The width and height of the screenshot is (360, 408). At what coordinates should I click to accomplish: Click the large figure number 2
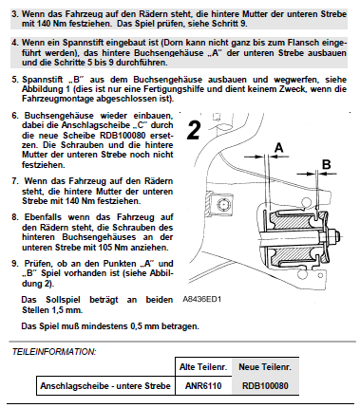coord(193,130)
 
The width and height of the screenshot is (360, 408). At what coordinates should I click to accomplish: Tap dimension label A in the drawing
coord(278,147)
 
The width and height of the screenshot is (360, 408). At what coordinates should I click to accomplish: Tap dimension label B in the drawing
coord(326,164)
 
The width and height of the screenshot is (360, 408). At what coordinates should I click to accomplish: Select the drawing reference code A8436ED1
coord(202,299)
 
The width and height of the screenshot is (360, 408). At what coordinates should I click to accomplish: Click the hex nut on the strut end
coord(332,235)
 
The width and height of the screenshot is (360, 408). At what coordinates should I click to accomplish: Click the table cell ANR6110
coord(203,385)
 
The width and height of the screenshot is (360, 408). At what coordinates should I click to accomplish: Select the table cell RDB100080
coord(265,385)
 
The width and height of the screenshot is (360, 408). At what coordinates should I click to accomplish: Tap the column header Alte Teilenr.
coord(203,367)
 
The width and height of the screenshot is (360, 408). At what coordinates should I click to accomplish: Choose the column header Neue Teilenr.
coord(265,367)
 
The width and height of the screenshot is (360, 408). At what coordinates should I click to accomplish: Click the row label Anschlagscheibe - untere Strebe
coord(105,386)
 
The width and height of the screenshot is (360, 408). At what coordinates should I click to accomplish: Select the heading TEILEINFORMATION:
coord(54,352)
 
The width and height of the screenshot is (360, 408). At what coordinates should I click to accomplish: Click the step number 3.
coord(14,14)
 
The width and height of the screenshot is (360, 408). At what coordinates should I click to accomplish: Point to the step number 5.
coord(14,79)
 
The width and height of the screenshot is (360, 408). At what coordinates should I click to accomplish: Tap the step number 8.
coord(14,217)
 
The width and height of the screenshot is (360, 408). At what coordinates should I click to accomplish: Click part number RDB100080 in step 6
coord(123,135)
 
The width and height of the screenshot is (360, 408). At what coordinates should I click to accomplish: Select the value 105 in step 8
coord(106,247)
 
